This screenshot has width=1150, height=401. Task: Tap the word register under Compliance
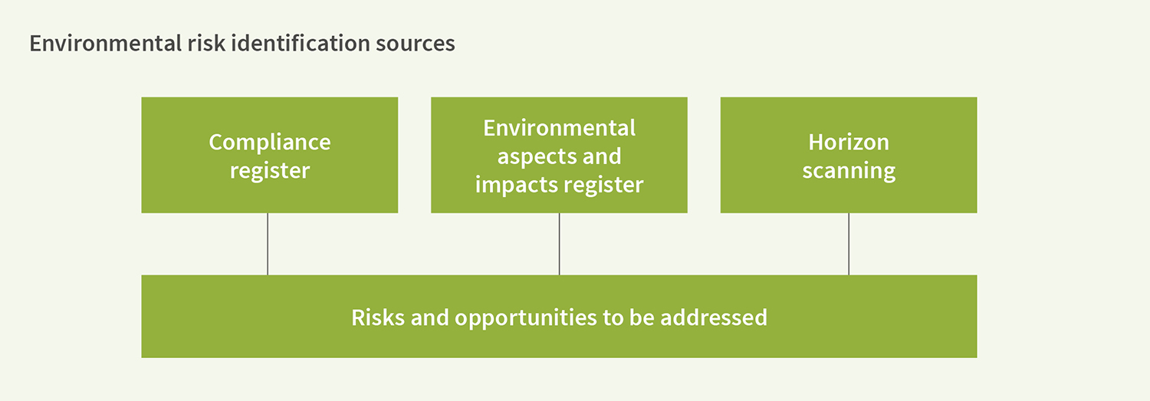[x=270, y=171]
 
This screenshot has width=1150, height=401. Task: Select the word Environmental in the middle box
[x=559, y=128]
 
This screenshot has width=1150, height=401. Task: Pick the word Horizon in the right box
[x=849, y=142]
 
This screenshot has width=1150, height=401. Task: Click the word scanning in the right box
[x=849, y=171]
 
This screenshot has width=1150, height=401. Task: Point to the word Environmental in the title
[x=105, y=43]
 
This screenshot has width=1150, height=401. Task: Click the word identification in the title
[x=301, y=43]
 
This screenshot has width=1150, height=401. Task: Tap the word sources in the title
[x=416, y=44]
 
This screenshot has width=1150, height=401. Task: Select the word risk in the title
[x=206, y=43]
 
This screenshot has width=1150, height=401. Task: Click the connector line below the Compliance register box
[x=268, y=244]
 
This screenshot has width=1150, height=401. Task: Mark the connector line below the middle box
[x=559, y=244]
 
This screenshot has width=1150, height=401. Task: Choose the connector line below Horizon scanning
[x=849, y=244]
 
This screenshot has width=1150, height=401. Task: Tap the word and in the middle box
[x=599, y=156]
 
